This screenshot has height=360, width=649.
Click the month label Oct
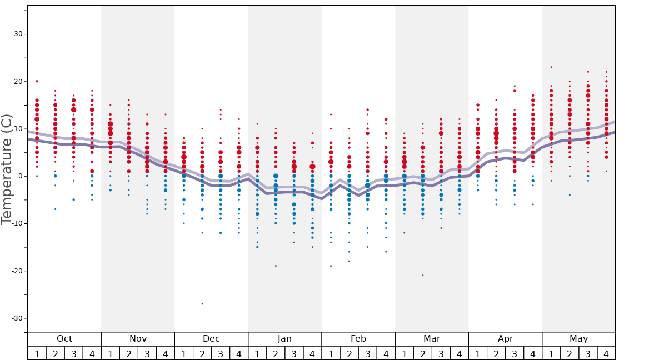coord(64,339)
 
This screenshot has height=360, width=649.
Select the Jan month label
coord(284,339)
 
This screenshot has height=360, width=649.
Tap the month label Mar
coord(432,339)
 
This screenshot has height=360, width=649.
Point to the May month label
coord(578,339)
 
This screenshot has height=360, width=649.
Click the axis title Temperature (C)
coord(7,169)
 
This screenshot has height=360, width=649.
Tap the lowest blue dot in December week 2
coord(202,304)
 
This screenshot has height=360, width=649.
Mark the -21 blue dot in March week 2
coord(422,276)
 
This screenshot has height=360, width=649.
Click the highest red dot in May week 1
coord(551,67)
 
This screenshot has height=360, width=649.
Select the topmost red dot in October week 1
coord(37,81)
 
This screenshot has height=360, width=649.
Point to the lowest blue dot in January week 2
coord(276,266)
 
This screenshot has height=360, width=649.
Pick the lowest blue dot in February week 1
coord(331,266)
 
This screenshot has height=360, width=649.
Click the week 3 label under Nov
coord(147,354)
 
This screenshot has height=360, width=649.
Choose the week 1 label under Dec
coord(184,354)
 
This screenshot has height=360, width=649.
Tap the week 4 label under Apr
coord(533,354)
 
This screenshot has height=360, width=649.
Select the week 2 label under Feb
coord(349,354)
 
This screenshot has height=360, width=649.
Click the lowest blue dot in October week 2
coord(55,209)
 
